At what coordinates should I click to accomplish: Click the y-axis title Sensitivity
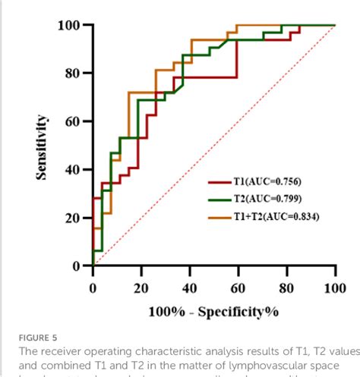pos(43,147)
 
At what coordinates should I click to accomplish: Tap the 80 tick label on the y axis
pos(73,73)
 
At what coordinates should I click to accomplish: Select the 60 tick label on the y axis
pos(73,121)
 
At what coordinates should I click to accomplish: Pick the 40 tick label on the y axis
pos(73,169)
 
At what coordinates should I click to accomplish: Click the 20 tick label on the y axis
pos(73,218)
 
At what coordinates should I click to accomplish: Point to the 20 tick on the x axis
pos(141,288)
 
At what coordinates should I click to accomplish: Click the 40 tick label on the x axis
pos(190,288)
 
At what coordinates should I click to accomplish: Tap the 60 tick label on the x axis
pos(238,288)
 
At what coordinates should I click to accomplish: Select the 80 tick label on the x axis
pos(287,288)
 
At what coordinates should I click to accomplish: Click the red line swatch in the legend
pos(220,183)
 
